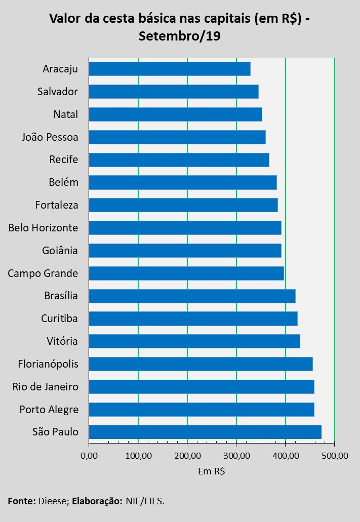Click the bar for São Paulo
pos(205,432)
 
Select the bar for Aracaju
pos(170,69)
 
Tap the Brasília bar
pos(192,296)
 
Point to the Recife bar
pos(179,159)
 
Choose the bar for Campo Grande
pos(186,273)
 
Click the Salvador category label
pos(58,92)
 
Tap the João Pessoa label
pos(50,137)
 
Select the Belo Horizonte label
pos(43,228)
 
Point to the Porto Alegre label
pos(49,409)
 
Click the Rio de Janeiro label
pos(46,387)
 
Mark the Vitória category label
pos(62,341)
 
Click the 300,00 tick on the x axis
pos(236,455)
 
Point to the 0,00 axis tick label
pos(89,455)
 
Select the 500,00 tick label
pos(335,455)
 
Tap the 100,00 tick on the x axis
pos(138,455)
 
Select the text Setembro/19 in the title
pos(179,36)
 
